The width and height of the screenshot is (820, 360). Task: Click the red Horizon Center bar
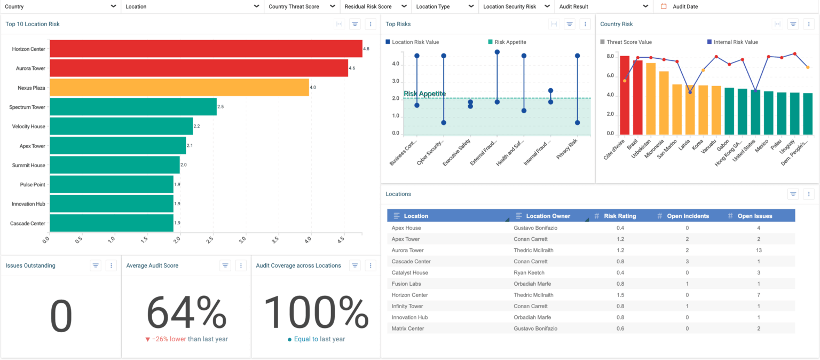pyautogui.click(x=206, y=49)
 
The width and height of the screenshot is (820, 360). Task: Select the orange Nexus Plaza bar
pyautogui.click(x=179, y=88)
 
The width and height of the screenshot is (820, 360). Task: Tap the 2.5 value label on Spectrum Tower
pyautogui.click(x=220, y=107)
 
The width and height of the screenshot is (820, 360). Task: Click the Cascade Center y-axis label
pyautogui.click(x=28, y=223)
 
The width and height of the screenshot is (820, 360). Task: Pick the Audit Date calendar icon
pyautogui.click(x=664, y=6)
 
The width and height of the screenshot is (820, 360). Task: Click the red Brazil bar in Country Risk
pyautogui.click(x=637, y=97)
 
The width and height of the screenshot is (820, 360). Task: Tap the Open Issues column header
pyautogui.click(x=755, y=216)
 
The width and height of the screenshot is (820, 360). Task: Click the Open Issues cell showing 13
pyautogui.click(x=759, y=250)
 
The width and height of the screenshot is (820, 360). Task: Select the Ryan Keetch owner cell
pyautogui.click(x=530, y=272)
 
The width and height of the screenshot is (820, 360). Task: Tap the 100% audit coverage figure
pyautogui.click(x=316, y=314)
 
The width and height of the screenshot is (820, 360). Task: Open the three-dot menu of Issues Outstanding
pyautogui.click(x=111, y=265)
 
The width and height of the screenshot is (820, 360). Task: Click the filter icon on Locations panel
pyautogui.click(x=793, y=194)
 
